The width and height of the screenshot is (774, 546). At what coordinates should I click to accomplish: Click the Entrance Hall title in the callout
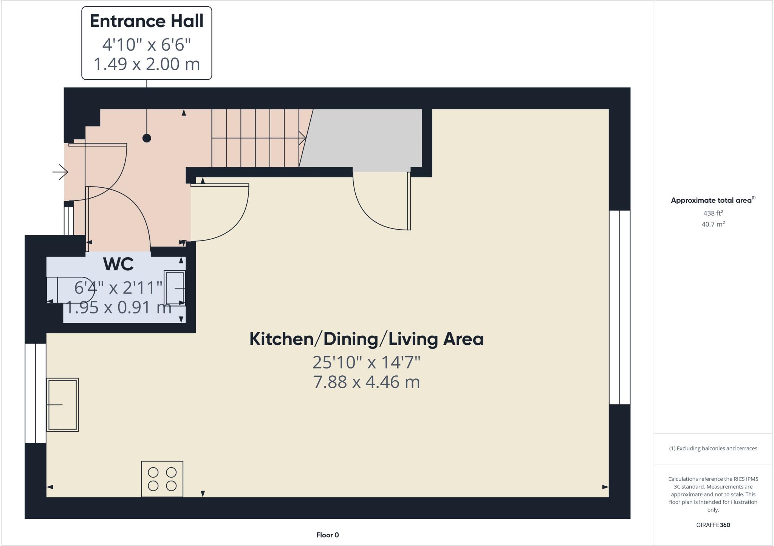click(x=147, y=21)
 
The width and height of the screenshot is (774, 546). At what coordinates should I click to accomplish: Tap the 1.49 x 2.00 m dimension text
click(x=147, y=64)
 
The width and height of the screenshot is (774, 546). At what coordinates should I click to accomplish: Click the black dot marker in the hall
click(x=147, y=138)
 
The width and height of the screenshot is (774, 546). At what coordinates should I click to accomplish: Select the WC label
click(x=118, y=264)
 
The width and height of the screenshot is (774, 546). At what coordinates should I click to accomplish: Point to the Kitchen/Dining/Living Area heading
click(x=366, y=339)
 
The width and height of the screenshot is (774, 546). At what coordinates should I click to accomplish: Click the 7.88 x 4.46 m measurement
click(x=366, y=382)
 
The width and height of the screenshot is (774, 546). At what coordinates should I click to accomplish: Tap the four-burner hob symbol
click(x=162, y=479)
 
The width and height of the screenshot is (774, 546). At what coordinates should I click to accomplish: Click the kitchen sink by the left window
click(x=62, y=404)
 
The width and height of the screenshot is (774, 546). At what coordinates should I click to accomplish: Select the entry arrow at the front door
click(x=60, y=173)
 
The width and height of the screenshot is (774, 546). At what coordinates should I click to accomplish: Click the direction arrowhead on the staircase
click(x=302, y=138)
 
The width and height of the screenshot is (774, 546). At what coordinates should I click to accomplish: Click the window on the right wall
click(x=619, y=307)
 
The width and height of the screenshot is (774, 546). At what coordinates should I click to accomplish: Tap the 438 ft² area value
click(x=713, y=213)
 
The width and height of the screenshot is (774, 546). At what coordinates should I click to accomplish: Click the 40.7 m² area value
click(x=713, y=224)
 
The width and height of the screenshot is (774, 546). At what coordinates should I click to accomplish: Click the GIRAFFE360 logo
click(x=713, y=525)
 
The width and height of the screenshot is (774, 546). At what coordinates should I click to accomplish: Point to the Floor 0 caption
click(x=328, y=535)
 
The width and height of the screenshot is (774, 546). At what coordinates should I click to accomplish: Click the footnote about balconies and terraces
click(x=713, y=449)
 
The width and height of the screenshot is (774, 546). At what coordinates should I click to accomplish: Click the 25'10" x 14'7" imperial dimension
click(x=366, y=362)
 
